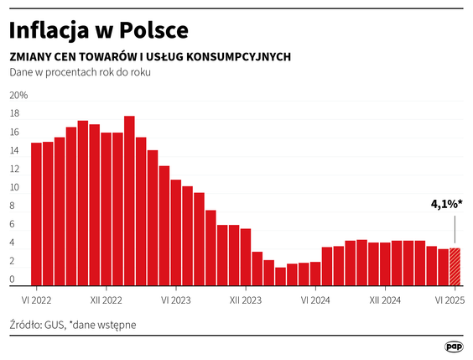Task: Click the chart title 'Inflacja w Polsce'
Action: [98, 29]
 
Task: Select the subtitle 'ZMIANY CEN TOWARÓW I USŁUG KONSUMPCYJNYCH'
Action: [150, 56]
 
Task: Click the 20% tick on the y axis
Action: [18, 96]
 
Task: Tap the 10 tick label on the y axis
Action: [13, 187]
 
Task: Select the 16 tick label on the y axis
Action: [13, 133]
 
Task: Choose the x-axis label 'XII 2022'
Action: [107, 298]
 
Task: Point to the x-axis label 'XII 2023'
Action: [246, 298]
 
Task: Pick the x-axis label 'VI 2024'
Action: [314, 298]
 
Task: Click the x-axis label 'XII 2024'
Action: [385, 298]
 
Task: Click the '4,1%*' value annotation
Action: [447, 204]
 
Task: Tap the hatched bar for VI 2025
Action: [455, 266]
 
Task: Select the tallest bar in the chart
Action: [129, 201]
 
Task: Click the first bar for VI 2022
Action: [36, 214]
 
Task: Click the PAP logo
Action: [455, 346]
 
